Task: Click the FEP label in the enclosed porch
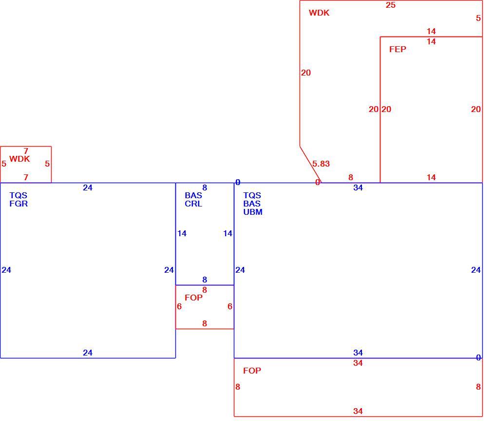tap(397, 49)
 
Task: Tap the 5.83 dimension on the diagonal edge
tap(321, 164)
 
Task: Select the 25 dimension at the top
tap(391, 5)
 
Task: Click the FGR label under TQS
tap(19, 204)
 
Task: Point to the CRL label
tap(193, 204)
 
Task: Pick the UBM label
tap(253, 212)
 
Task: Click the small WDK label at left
tap(19, 159)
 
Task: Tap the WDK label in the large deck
tap(319, 13)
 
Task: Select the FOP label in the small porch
tap(193, 298)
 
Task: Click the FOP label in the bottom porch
tap(252, 371)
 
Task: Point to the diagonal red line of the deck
tap(310, 165)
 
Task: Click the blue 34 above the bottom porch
tap(358, 353)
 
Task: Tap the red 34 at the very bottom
tap(358, 411)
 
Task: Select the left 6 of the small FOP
tap(179, 306)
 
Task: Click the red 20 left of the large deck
tap(306, 73)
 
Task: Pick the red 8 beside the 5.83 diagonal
tap(351, 178)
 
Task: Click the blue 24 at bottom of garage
tap(88, 353)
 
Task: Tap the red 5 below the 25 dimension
tap(478, 18)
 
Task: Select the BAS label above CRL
tap(193, 195)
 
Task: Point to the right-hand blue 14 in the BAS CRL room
tap(228, 233)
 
